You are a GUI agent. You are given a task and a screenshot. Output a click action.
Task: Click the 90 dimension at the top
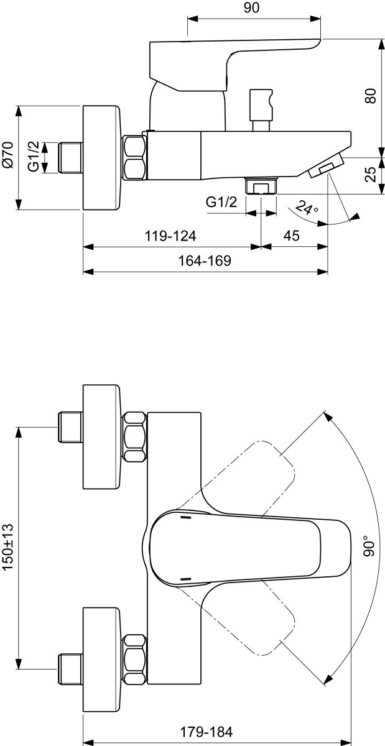pos(251,8)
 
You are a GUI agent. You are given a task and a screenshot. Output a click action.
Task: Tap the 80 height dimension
pos(371,96)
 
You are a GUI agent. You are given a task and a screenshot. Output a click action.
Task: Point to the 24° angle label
pos(307,208)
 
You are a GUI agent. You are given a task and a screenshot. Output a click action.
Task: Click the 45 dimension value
pos(292,236)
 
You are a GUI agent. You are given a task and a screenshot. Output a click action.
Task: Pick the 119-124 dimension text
pos(170,236)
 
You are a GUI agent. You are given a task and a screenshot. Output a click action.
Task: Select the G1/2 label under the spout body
pos(222,201)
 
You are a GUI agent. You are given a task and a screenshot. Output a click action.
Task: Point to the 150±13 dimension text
pos(8,547)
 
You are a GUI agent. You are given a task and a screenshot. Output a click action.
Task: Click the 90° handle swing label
pos(371,545)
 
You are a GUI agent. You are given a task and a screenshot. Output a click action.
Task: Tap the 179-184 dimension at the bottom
pos(206,732)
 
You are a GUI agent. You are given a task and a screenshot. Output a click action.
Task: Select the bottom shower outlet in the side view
pos(261,186)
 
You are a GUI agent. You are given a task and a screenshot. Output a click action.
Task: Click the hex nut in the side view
pos(135,158)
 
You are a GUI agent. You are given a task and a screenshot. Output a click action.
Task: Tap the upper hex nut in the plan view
pos(135,436)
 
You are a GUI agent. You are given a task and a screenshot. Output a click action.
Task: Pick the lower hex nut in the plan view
pos(135,659)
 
